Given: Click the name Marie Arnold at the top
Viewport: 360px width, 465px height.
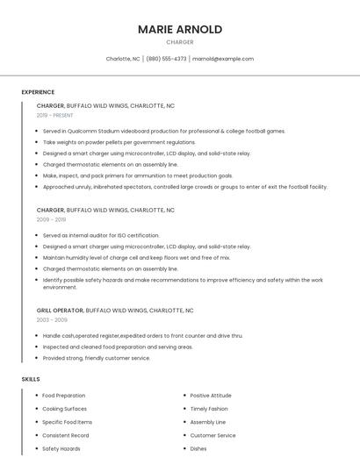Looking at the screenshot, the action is coord(180,29).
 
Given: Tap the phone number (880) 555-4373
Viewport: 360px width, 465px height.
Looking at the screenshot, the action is coord(166,59).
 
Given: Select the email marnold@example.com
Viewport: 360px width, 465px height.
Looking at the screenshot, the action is coord(223,59).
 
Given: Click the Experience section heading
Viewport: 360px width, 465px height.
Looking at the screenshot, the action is coord(38,92).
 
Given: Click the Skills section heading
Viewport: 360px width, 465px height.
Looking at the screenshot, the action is coord(31,379).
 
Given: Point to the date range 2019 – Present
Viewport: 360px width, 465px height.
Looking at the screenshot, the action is coord(56,115).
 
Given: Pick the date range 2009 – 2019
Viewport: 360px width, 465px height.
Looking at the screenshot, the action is coord(51,219).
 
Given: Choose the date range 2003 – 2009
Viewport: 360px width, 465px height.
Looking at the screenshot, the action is coord(51,320).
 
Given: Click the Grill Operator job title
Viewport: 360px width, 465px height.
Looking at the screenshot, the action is coord(60,311).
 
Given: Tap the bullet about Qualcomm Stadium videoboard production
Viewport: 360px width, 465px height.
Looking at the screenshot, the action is coord(163,131).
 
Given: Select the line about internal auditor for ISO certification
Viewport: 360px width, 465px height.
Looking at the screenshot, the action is coord(101,235).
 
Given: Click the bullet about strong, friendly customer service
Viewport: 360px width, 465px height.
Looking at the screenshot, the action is coord(97,358).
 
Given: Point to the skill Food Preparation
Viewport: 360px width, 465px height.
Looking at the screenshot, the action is coord(64,396).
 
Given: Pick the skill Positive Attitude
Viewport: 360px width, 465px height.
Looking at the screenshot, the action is coord(211,396).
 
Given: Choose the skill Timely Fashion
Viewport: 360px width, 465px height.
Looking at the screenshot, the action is coord(209,409).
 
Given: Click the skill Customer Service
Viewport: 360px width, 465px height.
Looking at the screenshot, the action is coord(212,435).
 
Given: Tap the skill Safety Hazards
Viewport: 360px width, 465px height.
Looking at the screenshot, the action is coord(61,448).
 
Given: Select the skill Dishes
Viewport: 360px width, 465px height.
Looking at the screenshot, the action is coord(198,448).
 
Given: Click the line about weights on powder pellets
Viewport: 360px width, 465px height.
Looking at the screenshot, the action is coord(119,142).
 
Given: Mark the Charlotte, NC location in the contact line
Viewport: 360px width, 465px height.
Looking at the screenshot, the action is coord(123,59).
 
